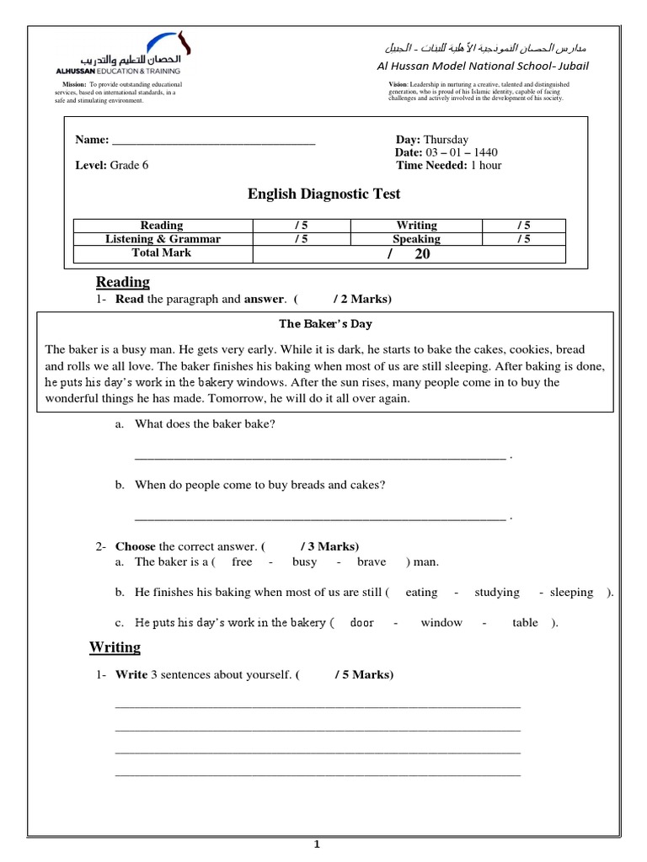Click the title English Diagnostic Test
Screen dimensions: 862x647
(x=323, y=194)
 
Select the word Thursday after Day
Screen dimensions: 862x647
(x=446, y=140)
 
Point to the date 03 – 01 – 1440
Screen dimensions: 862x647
(x=461, y=152)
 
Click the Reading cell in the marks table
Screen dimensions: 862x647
(x=162, y=226)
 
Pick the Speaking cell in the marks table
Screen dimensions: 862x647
(x=416, y=239)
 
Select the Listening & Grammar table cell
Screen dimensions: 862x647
(x=162, y=239)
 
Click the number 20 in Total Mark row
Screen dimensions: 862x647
(x=422, y=253)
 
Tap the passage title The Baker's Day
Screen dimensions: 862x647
(x=325, y=323)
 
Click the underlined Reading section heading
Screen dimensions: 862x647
(x=122, y=282)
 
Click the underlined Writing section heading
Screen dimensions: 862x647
(x=115, y=647)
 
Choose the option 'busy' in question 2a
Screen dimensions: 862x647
(x=304, y=562)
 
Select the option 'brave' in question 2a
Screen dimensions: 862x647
(x=372, y=562)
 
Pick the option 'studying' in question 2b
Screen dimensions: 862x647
(x=497, y=593)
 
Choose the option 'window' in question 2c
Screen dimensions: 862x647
(x=441, y=623)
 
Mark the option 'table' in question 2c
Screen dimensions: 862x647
(x=525, y=623)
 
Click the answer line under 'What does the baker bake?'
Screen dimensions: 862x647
(x=320, y=456)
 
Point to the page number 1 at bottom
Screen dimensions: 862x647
(x=317, y=843)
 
